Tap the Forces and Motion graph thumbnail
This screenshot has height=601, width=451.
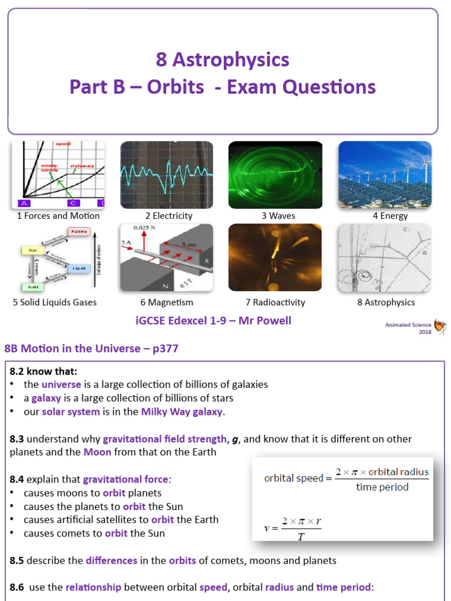click(x=58, y=175)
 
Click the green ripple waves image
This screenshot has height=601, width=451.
click(x=275, y=175)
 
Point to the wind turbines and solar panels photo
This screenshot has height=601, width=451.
click(x=385, y=175)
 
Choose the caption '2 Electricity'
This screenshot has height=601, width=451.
click(x=169, y=216)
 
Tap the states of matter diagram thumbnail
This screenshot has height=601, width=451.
click(x=58, y=258)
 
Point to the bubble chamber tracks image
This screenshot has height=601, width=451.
click(x=385, y=258)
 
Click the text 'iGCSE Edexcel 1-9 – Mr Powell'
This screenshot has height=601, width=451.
click(x=213, y=320)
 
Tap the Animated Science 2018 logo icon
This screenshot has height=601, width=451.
click(x=439, y=327)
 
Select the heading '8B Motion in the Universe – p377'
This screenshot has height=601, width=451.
click(x=91, y=349)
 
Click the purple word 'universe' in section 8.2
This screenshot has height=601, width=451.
click(x=61, y=384)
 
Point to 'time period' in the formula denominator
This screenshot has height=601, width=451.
click(x=382, y=487)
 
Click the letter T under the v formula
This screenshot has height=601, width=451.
click(x=300, y=536)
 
